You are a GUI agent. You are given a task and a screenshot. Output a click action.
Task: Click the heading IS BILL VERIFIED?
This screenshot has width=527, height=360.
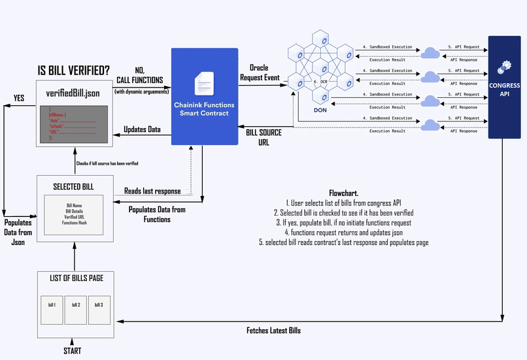74,71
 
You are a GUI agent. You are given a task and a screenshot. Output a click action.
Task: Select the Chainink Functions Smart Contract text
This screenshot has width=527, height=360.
203,108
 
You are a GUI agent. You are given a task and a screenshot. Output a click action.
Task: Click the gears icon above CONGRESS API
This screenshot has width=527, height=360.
504,68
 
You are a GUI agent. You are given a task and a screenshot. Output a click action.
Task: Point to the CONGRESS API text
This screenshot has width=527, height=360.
504,89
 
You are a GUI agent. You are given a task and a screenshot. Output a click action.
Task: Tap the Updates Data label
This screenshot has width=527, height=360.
142,129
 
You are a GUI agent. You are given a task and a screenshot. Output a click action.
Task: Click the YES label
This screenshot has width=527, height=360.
20,98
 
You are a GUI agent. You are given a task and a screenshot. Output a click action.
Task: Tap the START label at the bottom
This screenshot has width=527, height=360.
73,351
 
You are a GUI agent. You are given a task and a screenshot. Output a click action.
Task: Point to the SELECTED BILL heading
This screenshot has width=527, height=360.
73,187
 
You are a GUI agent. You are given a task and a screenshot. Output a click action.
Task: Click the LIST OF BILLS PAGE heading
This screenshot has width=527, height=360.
76,278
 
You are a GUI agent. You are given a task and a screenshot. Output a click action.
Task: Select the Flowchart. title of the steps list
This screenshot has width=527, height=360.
343,194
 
